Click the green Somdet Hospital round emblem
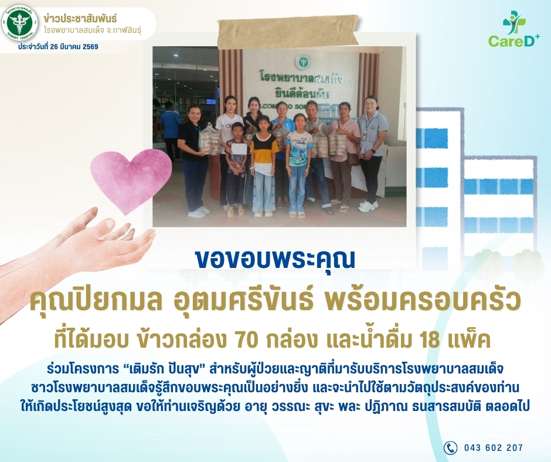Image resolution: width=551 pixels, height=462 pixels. tap(20, 23)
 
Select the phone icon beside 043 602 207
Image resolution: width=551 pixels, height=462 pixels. tap(450, 447)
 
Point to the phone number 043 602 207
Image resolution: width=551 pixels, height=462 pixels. tap(494, 447)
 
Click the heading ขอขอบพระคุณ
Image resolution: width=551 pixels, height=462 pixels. tap(275, 260)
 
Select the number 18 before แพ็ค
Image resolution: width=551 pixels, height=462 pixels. tap(428, 340)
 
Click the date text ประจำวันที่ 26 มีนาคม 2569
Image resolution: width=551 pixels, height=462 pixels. tap(59, 47)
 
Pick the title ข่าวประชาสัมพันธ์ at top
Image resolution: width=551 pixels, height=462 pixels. tap(80, 18)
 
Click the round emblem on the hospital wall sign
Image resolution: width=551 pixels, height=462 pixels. tap(301, 62)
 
